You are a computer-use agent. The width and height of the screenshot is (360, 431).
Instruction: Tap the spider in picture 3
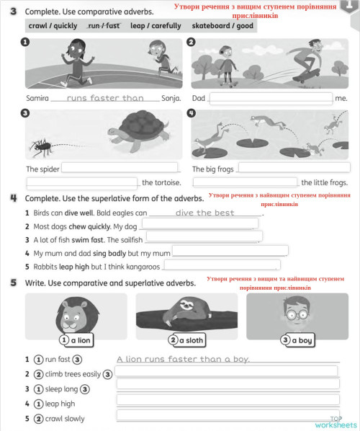[x=45, y=148]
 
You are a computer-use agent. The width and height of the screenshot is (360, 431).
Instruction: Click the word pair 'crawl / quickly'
[x=53, y=25]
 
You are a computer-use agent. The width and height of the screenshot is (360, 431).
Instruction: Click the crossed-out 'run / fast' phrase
[x=104, y=25]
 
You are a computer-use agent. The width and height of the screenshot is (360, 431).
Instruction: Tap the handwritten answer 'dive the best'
[x=204, y=213]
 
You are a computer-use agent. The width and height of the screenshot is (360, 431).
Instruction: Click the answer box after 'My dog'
[x=199, y=225]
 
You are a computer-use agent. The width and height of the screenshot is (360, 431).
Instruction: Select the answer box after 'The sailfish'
[x=204, y=239]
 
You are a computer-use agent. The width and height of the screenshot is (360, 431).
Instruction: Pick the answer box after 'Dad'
[x=271, y=98]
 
